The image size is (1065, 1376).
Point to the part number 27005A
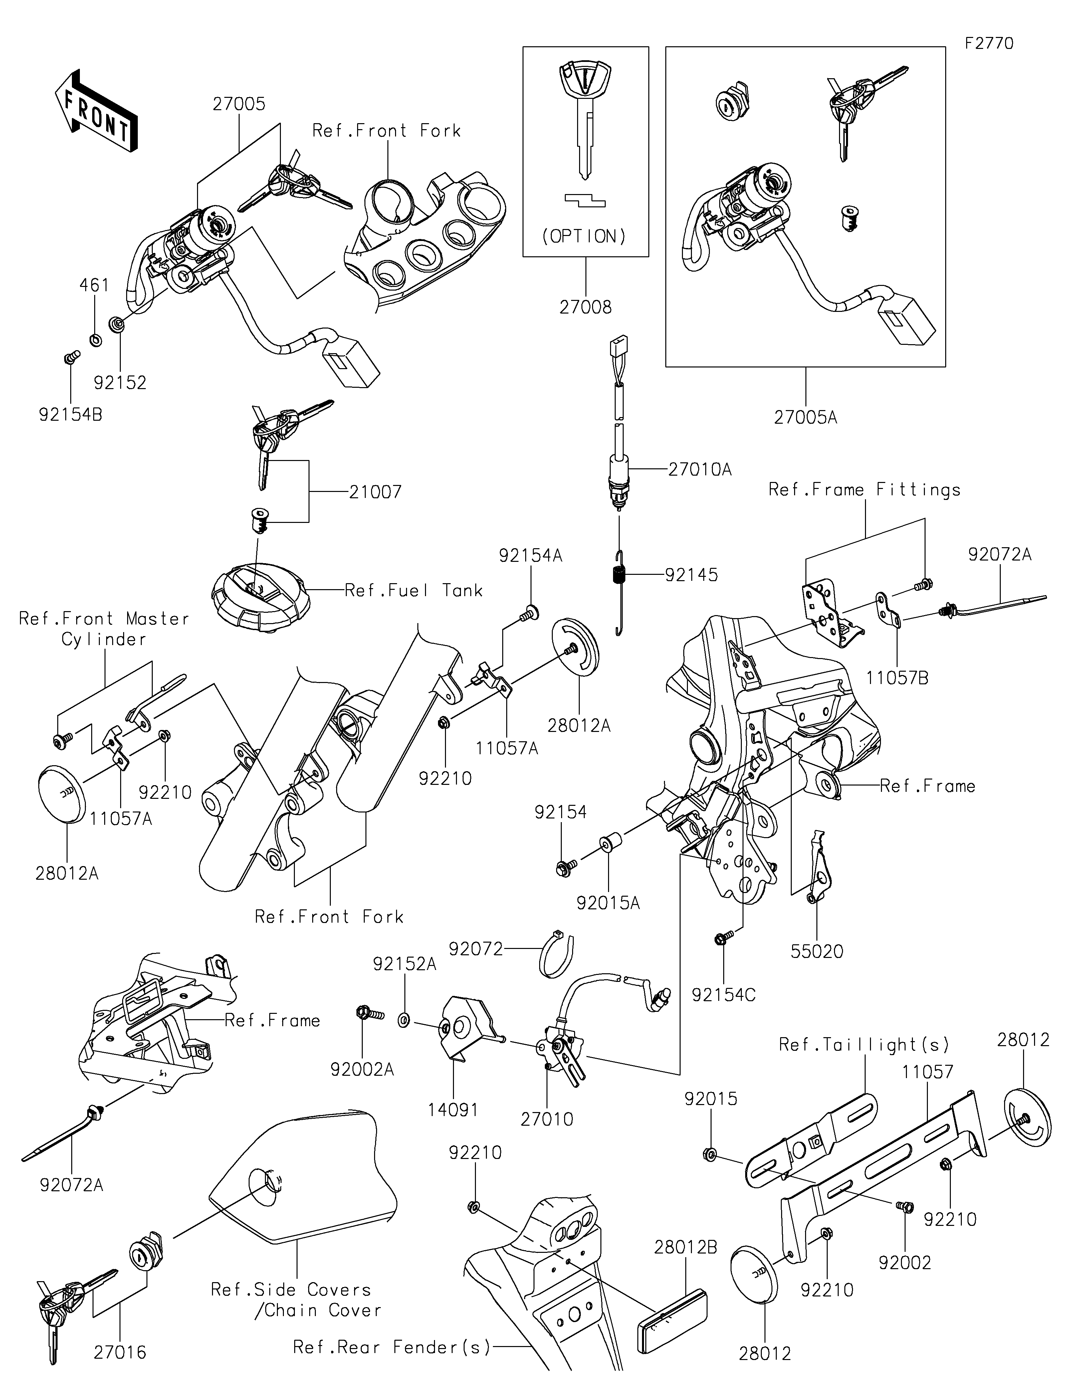[805, 417]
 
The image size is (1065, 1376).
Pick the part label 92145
[692, 574]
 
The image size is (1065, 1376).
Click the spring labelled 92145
[619, 576]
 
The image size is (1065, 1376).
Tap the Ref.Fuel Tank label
[414, 590]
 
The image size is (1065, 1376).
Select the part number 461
[95, 285]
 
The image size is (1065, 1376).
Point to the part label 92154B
[71, 415]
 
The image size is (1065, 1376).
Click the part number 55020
[817, 951]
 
